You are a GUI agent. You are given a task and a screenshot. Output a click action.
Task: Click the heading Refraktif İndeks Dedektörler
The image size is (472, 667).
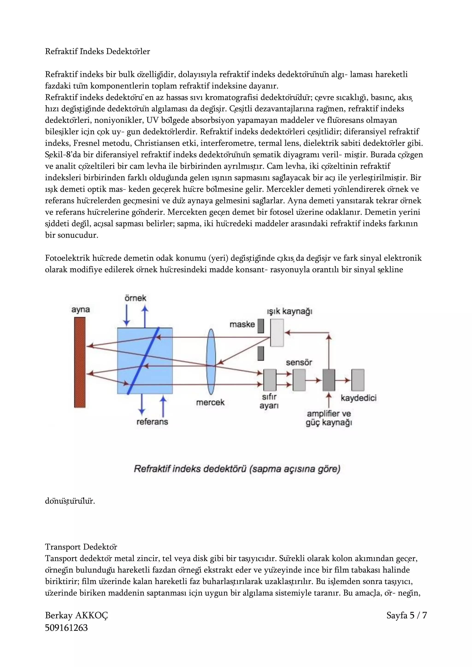[x=97, y=51]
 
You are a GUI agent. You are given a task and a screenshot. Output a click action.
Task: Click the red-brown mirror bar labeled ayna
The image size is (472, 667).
[x=80, y=362]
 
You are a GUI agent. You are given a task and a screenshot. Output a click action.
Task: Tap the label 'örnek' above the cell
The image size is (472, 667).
[x=136, y=298]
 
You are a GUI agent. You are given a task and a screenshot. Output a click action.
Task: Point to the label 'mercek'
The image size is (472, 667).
[x=210, y=402]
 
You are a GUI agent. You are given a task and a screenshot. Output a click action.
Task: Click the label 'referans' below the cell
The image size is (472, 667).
[x=152, y=421]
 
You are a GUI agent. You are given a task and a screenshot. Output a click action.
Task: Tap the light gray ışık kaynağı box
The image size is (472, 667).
[x=277, y=333]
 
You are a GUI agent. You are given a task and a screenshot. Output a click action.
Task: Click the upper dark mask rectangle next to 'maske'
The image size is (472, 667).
[x=261, y=326]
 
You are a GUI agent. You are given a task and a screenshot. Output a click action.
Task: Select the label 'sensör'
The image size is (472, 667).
[x=299, y=362]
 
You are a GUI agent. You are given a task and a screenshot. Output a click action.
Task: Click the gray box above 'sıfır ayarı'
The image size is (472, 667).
[x=270, y=380]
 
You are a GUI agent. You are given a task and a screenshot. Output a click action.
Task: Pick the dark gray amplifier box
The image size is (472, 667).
[x=329, y=380]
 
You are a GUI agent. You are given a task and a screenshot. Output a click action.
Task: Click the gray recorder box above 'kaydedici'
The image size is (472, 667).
[x=358, y=380]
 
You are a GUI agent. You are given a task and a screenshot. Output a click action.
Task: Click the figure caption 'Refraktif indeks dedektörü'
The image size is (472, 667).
[x=237, y=469]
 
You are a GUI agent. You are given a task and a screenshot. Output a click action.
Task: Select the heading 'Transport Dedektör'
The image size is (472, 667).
[x=81, y=547]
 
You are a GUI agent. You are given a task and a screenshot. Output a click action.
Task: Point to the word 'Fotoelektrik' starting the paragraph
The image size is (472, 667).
[x=68, y=258]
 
